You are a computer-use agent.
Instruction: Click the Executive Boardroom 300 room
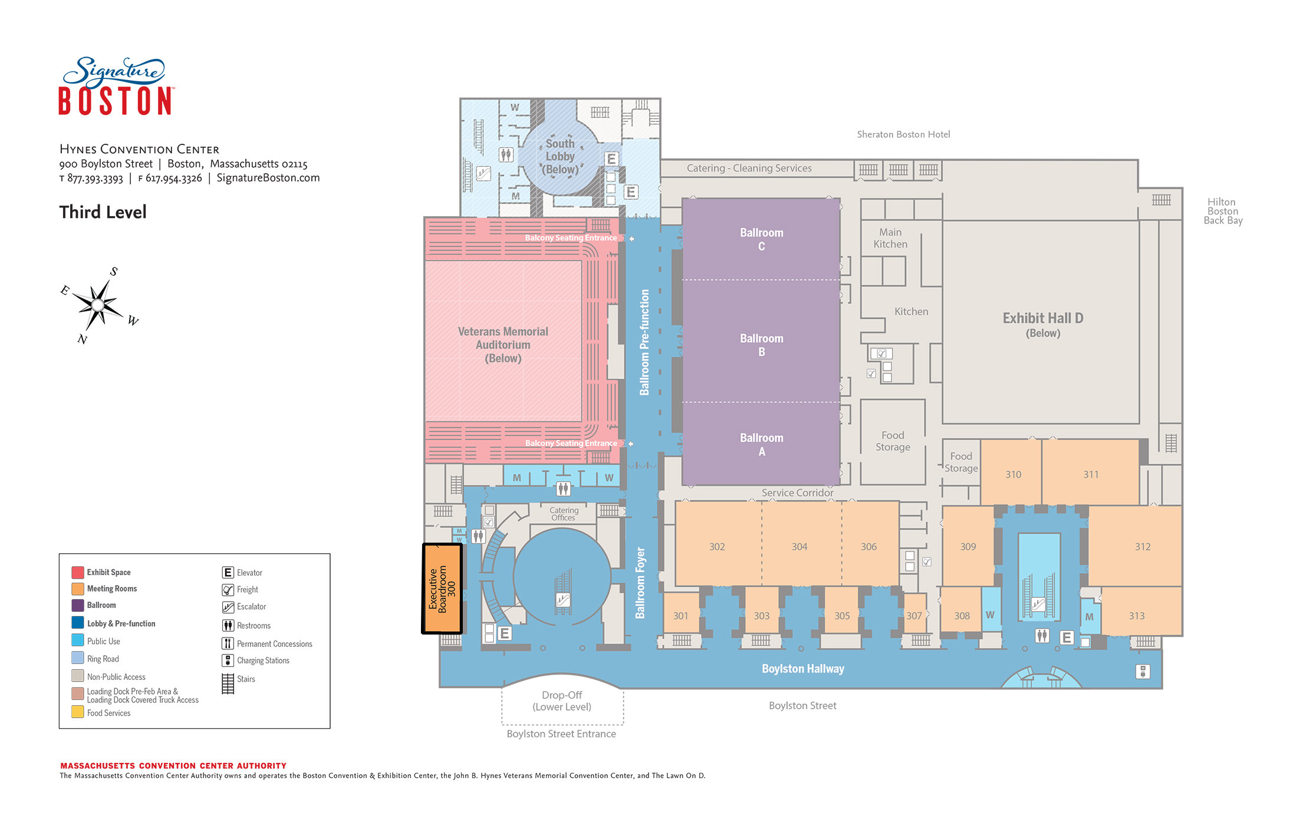(x=442, y=588)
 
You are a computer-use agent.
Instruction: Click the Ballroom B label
(x=762, y=345)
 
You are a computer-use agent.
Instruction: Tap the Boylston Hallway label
(x=803, y=669)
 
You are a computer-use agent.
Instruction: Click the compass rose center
(x=98, y=305)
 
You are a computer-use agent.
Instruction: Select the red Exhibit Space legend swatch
(x=78, y=572)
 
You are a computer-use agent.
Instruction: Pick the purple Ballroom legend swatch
(x=78, y=605)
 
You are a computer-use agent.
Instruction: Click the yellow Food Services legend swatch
(x=78, y=712)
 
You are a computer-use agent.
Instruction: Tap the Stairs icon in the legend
(x=228, y=683)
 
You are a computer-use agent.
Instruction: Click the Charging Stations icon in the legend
(x=228, y=660)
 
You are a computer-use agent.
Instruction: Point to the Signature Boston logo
(x=116, y=86)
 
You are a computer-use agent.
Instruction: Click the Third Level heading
(x=103, y=212)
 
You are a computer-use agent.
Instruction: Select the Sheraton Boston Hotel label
(x=903, y=134)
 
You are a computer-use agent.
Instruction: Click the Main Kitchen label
(x=890, y=238)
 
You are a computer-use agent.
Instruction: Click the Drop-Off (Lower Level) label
(x=562, y=701)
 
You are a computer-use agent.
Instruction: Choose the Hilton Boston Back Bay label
(x=1223, y=212)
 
